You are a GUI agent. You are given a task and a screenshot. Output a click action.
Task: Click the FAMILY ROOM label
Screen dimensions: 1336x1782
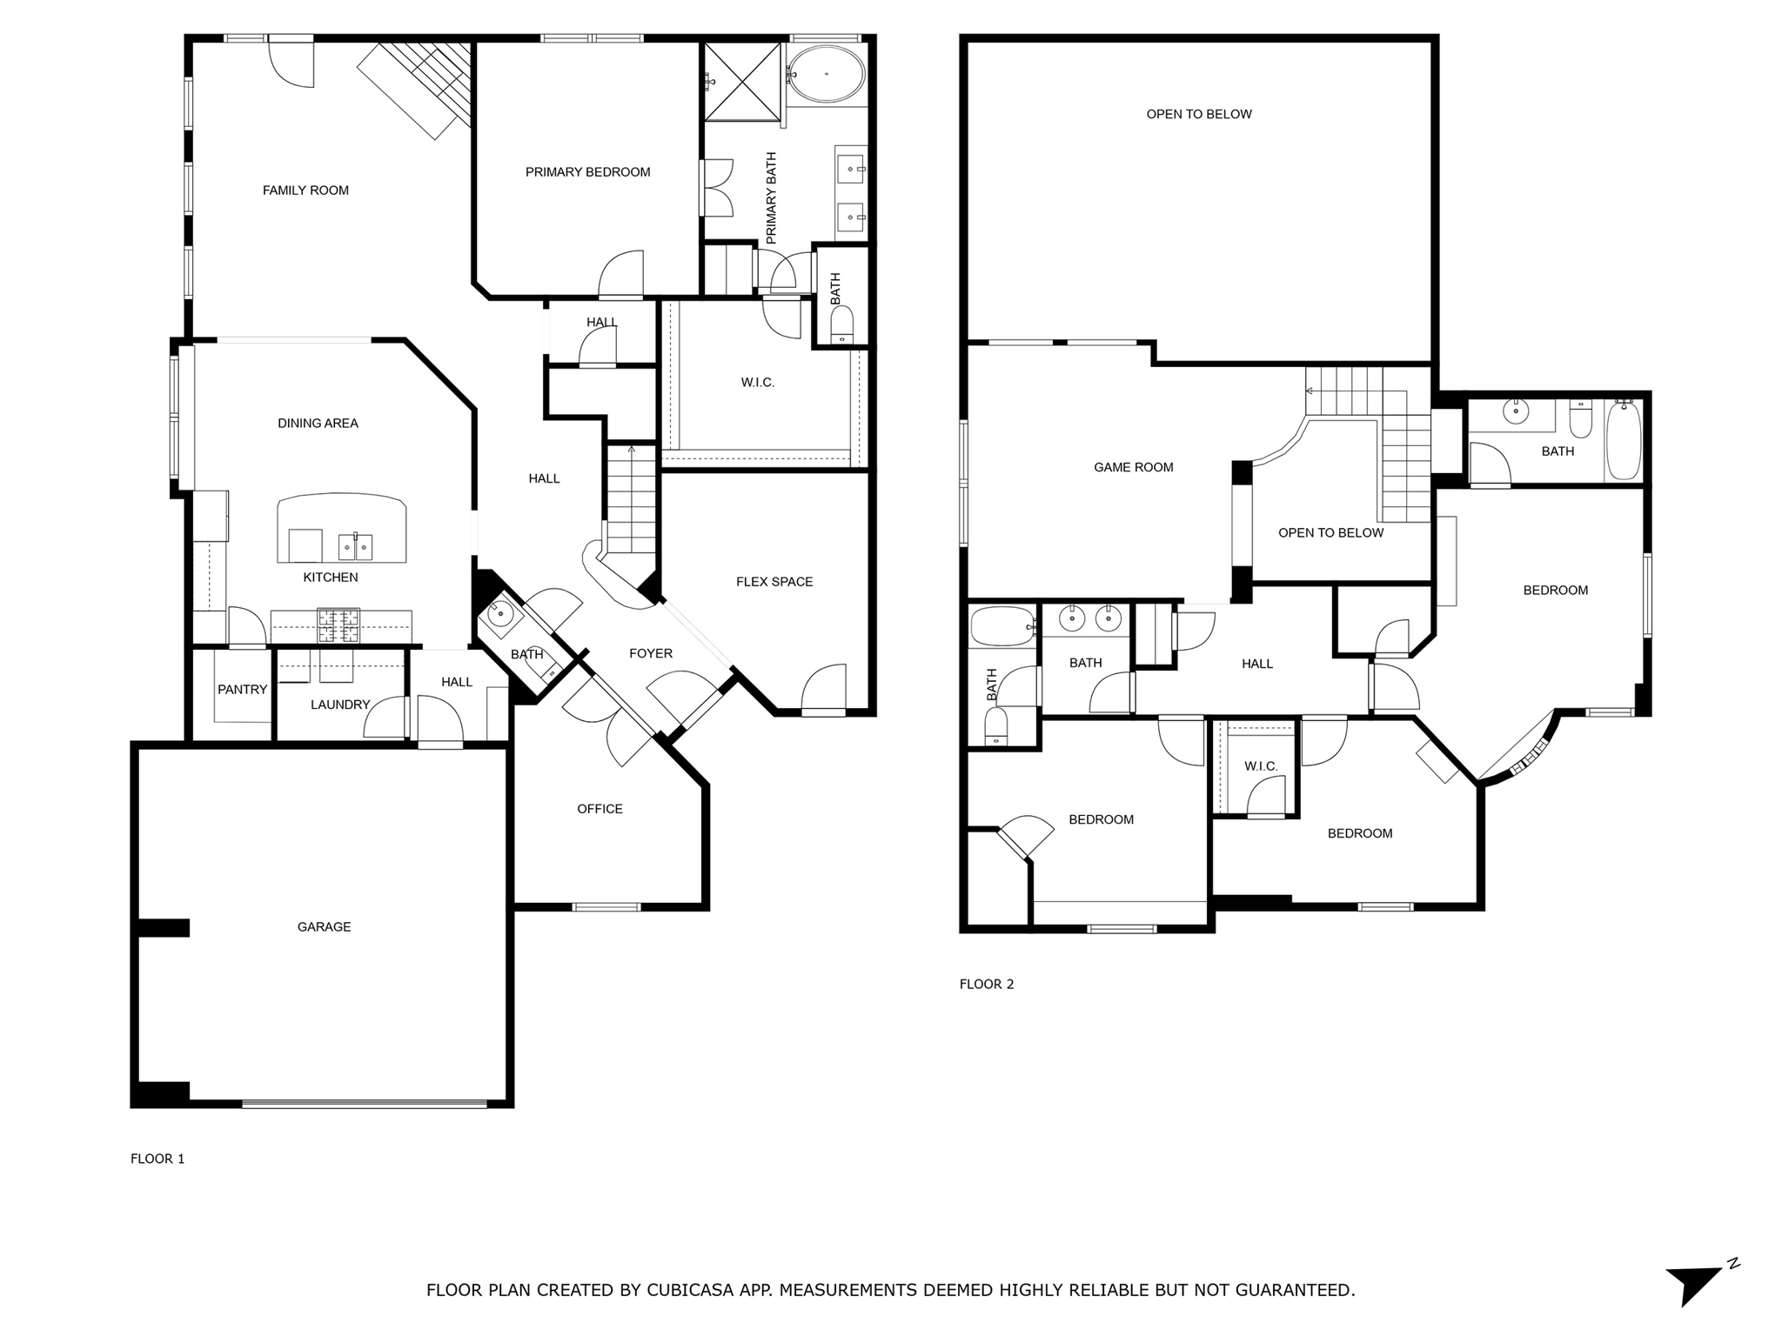point(305,190)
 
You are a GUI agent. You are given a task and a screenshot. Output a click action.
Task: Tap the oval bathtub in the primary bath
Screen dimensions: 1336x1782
point(826,74)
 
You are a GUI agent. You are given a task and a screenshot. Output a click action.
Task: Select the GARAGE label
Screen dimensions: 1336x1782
point(324,927)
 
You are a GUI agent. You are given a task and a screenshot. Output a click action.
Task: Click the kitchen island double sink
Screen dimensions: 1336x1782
point(355,547)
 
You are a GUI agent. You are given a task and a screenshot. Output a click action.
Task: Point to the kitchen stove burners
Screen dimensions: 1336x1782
point(338,625)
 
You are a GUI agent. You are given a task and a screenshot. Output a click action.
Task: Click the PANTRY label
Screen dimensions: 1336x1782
point(242,690)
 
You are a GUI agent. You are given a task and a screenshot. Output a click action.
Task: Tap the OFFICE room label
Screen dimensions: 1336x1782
point(600,809)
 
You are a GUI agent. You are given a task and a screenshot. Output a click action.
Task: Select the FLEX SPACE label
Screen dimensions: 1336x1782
point(774,582)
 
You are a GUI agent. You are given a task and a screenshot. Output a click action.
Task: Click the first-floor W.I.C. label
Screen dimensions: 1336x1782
point(757,383)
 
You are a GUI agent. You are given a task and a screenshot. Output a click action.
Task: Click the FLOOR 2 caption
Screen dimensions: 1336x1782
point(986,985)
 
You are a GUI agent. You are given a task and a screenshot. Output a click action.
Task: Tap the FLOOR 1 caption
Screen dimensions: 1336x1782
point(157,1159)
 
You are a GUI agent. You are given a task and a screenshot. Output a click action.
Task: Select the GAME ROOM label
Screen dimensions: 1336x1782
point(1133,467)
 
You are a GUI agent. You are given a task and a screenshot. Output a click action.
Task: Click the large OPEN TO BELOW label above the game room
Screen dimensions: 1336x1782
point(1198,114)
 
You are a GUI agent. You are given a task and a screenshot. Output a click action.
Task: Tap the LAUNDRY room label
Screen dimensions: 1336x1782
point(340,705)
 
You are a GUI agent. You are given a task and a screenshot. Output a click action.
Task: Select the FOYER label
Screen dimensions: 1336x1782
point(650,653)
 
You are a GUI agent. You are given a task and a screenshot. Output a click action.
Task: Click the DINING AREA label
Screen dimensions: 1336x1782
point(318,424)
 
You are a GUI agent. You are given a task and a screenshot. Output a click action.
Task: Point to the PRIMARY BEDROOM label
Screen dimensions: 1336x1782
point(587,172)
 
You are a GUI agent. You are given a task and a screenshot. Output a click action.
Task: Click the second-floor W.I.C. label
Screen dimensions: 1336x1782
point(1260,766)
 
